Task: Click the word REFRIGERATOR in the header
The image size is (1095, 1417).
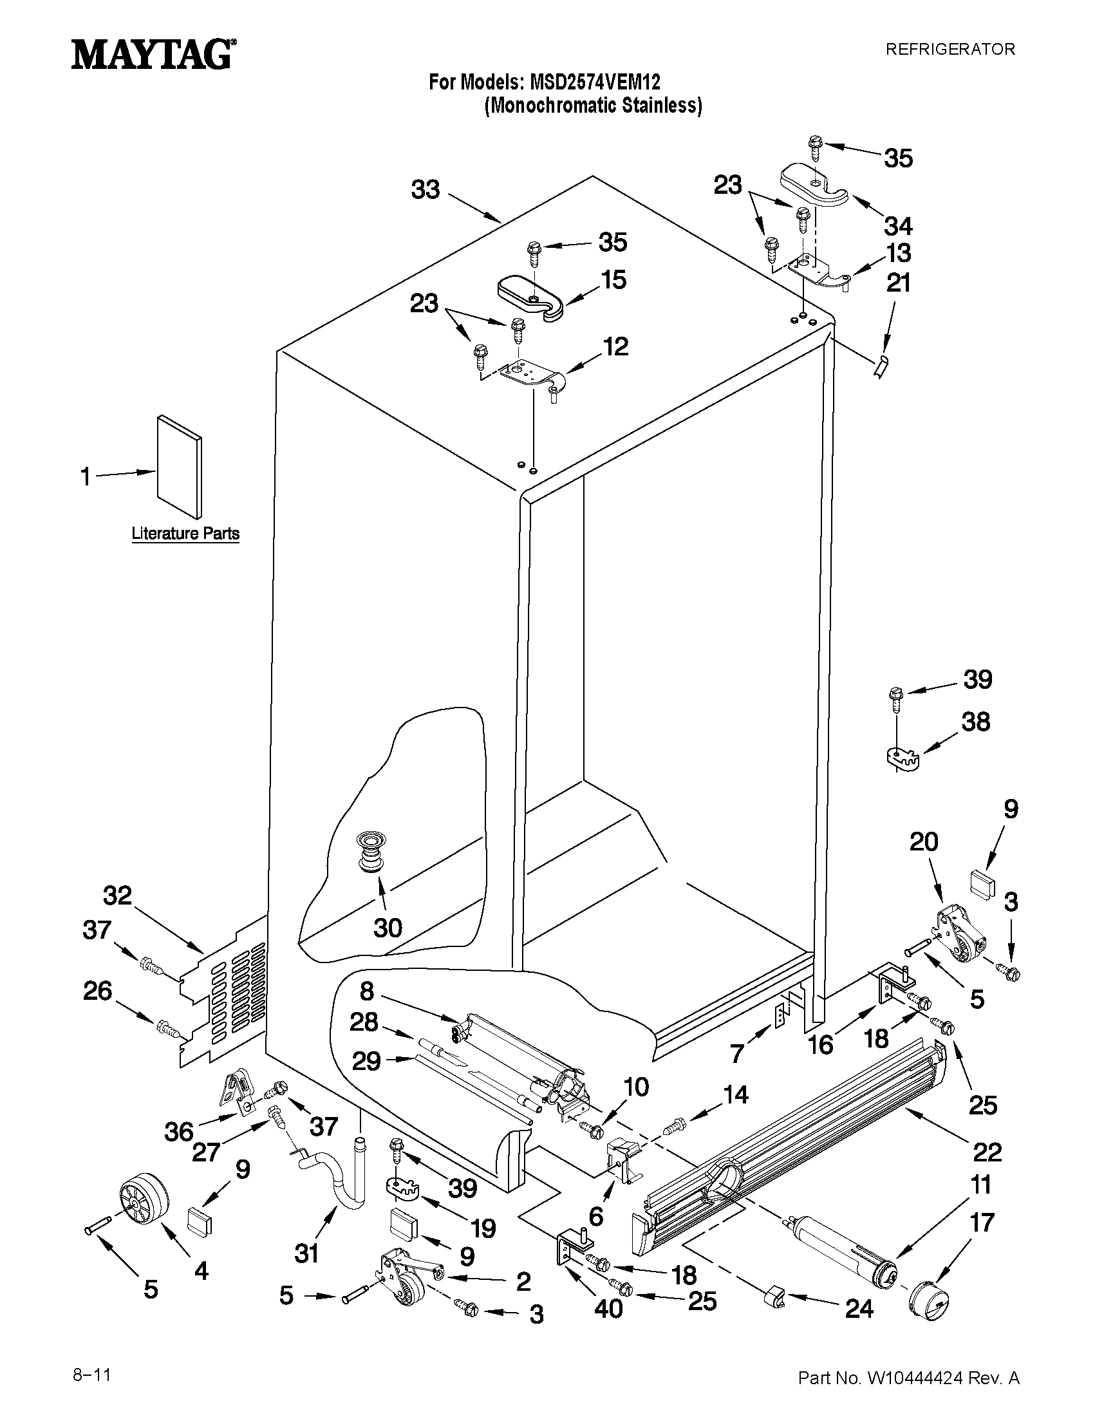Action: pos(950,50)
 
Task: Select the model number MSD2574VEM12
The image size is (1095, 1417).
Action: pos(595,83)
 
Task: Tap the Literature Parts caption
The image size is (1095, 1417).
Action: pos(185,533)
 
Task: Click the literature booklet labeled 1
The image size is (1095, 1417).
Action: pos(178,467)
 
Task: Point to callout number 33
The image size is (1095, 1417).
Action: pos(426,190)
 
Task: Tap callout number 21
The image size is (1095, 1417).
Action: pos(899,283)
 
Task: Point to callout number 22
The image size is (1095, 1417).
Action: pos(987,1152)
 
